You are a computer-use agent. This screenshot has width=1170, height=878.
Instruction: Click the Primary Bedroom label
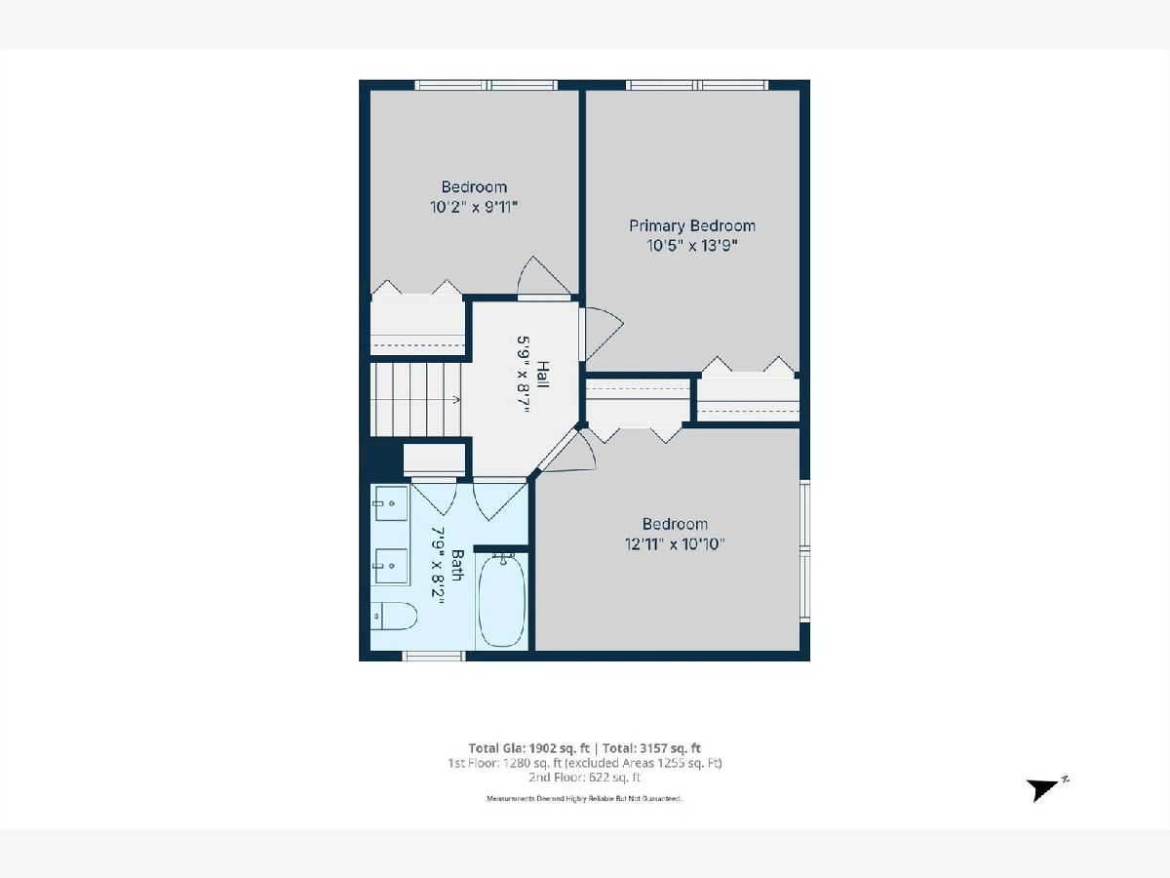pyautogui.click(x=692, y=226)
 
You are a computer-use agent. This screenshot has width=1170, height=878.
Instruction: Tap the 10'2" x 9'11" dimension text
pyautogui.click(x=474, y=207)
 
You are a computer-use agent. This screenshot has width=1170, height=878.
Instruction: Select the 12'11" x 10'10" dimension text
pyautogui.click(x=675, y=544)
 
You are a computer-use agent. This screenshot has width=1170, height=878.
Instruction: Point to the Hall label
pyautogui.click(x=542, y=375)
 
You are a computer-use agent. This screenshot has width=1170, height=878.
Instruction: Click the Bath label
pyautogui.click(x=457, y=565)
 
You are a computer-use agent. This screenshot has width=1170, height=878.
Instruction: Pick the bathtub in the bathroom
pyautogui.click(x=501, y=601)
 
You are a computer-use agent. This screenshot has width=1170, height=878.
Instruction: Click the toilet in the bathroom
pyautogui.click(x=394, y=617)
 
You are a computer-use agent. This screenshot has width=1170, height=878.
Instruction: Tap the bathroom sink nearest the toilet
pyautogui.click(x=391, y=566)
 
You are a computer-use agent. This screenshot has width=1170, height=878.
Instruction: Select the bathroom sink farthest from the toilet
pyautogui.click(x=391, y=502)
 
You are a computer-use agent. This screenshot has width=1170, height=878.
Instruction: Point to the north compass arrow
pyautogui.click(x=1042, y=789)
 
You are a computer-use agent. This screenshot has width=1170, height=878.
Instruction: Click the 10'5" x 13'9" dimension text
pyautogui.click(x=692, y=246)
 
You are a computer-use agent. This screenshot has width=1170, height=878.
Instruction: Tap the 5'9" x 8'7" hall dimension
pyautogui.click(x=524, y=375)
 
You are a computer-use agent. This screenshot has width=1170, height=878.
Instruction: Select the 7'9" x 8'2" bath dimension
pyautogui.click(x=438, y=565)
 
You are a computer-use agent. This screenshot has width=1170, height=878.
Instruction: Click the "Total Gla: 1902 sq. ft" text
pyautogui.click(x=528, y=748)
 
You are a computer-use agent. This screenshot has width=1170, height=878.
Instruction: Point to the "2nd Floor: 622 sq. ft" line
pyautogui.click(x=585, y=778)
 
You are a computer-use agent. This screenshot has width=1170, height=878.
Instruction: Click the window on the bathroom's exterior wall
pyautogui.click(x=433, y=657)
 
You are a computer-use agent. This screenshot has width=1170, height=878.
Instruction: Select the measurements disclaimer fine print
pyautogui.click(x=584, y=799)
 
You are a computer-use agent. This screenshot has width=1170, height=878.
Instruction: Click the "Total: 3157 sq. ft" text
pyautogui.click(x=651, y=748)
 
